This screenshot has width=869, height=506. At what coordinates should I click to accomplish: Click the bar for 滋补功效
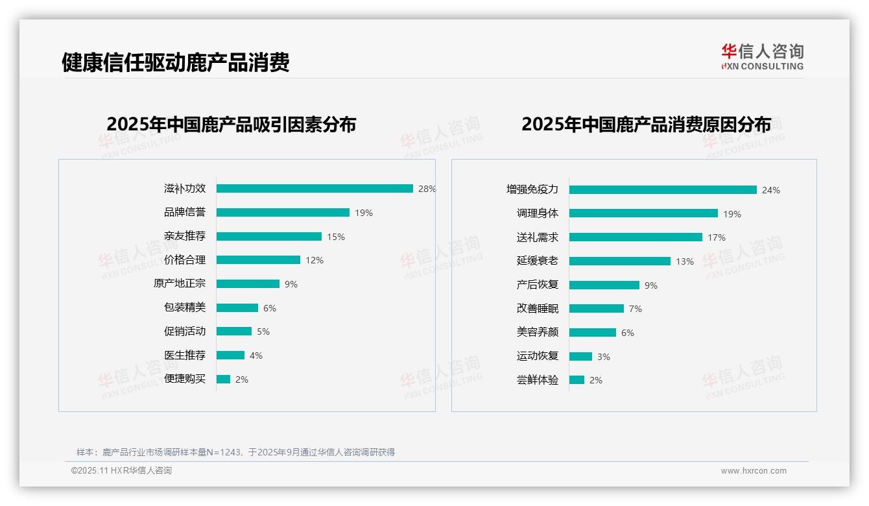pos(315,189)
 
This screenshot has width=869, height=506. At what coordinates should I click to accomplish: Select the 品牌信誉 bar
pos(283,213)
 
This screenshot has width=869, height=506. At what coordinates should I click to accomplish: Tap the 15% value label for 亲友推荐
pos(336,237)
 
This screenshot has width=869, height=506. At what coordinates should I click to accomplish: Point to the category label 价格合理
pos(185,260)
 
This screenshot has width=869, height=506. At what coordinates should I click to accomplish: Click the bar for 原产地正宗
pos(248,284)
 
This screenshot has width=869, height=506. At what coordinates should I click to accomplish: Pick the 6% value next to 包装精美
pos(270,308)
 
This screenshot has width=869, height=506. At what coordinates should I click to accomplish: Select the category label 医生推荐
pos(185,355)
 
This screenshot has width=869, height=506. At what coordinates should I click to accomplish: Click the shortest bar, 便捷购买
pos(223,379)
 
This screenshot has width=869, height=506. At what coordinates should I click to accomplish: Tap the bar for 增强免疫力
pos(663,190)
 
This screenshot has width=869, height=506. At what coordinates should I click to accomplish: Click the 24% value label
pos(771,190)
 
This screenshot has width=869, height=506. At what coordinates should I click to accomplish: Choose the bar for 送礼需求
pos(636,237)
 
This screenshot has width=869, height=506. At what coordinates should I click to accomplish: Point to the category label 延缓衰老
pos(538,261)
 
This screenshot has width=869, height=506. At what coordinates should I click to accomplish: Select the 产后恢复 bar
pos(604,285)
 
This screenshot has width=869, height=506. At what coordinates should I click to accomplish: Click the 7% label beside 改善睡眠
pos(636,309)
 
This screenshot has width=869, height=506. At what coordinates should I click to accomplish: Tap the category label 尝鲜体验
pos(538,380)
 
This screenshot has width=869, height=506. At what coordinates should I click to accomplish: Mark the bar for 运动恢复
pos(580,356)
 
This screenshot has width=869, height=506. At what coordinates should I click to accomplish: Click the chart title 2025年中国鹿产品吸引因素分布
pos(232,124)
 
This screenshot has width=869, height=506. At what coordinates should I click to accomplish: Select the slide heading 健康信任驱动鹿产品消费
pos(175,62)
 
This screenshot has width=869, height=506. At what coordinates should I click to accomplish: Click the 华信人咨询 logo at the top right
pos(762,56)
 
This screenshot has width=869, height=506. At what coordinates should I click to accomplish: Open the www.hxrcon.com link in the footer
pos(754,471)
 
